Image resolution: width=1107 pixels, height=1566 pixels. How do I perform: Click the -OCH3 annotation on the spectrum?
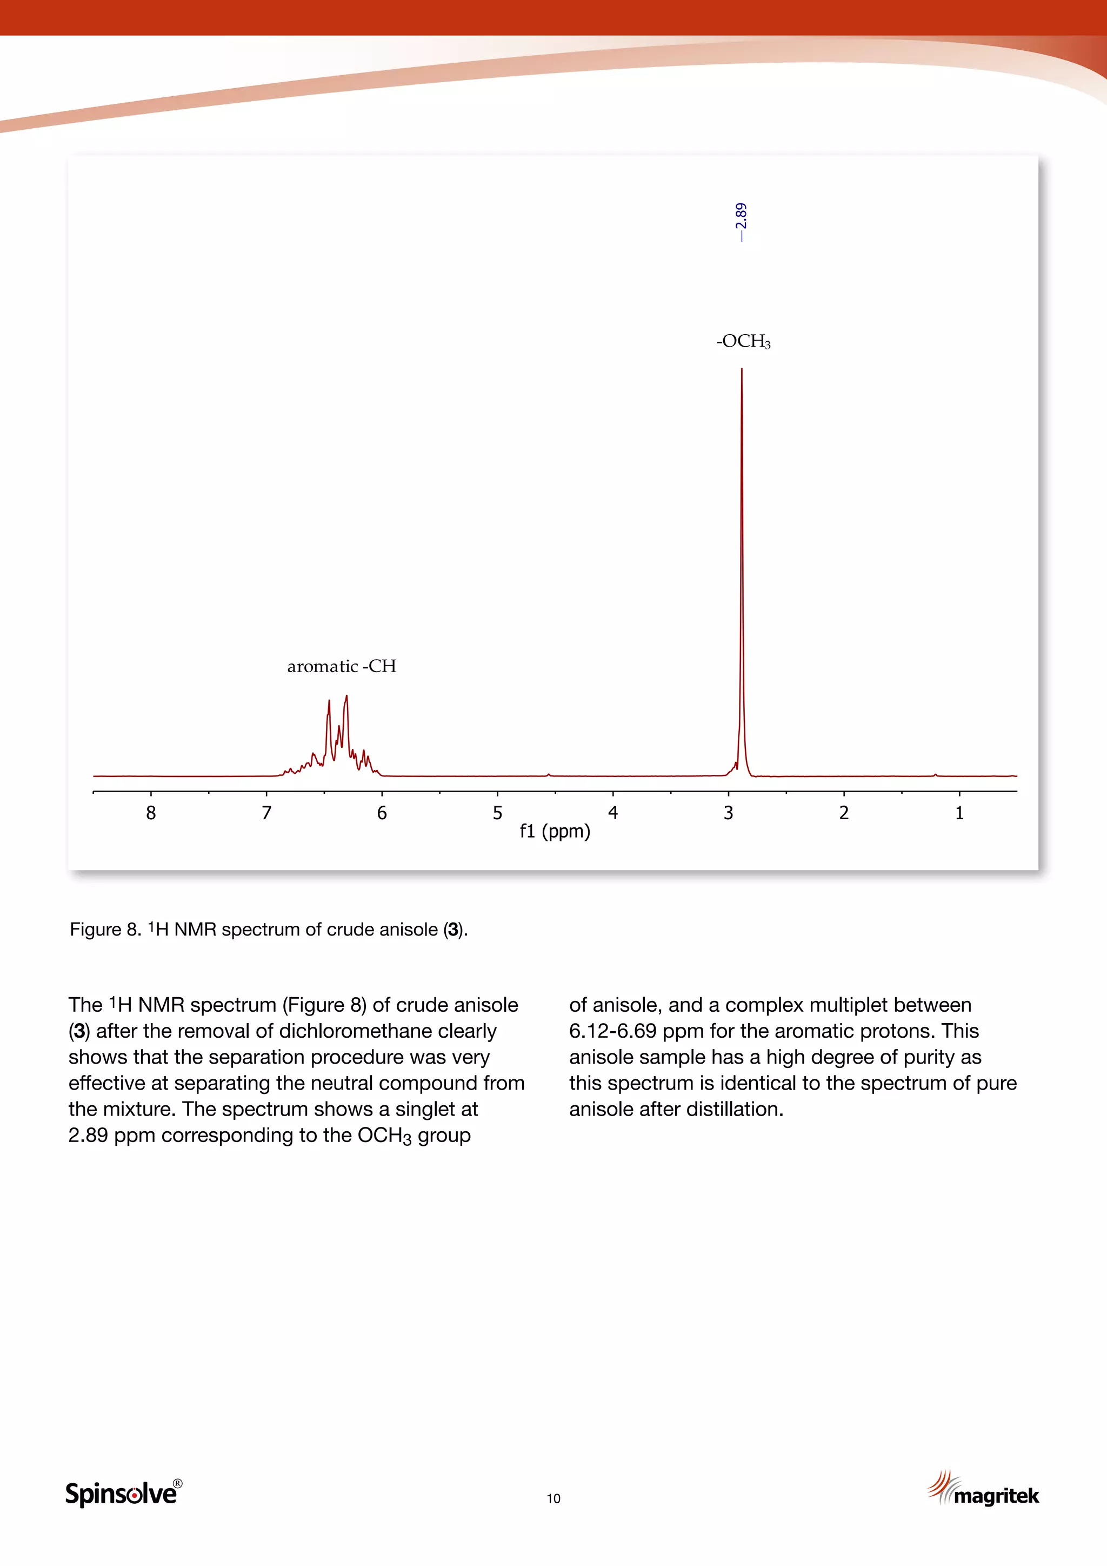click(x=743, y=341)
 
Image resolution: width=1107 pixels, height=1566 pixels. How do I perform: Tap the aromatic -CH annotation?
click(x=342, y=666)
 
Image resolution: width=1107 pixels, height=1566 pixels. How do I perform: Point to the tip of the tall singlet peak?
click(x=742, y=370)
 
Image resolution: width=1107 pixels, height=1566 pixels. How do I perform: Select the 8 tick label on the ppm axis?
click(x=151, y=813)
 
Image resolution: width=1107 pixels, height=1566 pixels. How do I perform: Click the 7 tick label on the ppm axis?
click(x=266, y=813)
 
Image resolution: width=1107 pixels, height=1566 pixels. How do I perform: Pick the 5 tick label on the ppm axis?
click(x=498, y=813)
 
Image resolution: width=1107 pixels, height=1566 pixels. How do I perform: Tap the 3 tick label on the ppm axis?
click(x=729, y=813)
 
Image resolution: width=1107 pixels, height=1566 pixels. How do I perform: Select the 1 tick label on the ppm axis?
click(x=959, y=813)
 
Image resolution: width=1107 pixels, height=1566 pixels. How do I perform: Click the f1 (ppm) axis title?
click(x=555, y=832)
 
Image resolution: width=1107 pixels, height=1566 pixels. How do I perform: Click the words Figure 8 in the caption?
click(x=105, y=930)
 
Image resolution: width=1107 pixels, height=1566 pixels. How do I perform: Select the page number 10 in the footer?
click(x=553, y=1498)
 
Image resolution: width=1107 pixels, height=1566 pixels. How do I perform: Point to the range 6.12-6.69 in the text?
click(x=613, y=1031)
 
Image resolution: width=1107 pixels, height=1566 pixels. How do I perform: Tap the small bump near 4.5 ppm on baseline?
click(x=549, y=774)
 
